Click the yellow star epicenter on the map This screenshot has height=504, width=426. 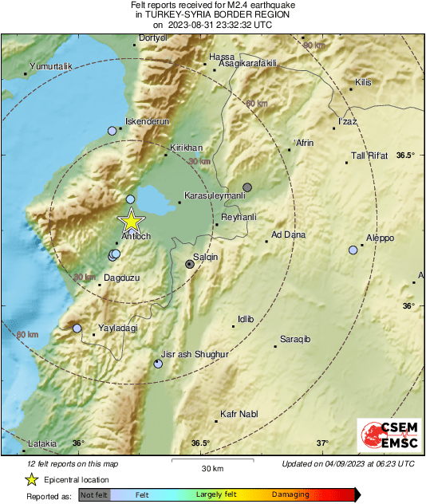130,222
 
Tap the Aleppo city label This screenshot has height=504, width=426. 380,238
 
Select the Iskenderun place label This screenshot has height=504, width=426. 144,121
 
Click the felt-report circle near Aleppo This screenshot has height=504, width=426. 353,250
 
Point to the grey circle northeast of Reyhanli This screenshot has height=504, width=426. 247,187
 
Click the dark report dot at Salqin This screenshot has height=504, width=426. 189,263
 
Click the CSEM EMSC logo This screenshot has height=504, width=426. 384,436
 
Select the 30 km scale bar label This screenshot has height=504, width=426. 211,467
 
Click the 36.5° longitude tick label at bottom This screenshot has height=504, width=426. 199,443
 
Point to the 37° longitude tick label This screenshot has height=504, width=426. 322,443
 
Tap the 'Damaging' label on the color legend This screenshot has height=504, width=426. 290,494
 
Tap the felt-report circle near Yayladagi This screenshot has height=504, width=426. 77,328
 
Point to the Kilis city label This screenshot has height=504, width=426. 364,82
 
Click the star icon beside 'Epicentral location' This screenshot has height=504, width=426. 31,480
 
